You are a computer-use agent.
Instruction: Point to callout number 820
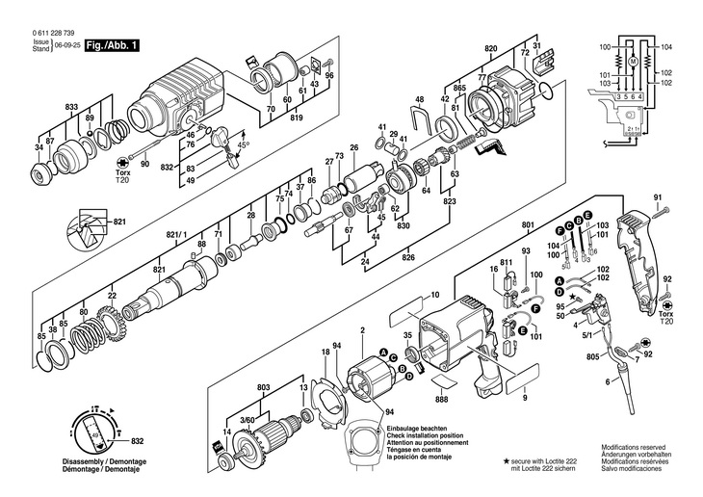click(491, 49)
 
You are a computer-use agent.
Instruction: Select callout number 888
click(442, 398)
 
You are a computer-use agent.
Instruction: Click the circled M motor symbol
click(633, 62)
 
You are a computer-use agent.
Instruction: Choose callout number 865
click(459, 88)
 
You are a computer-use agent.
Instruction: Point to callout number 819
click(297, 118)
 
